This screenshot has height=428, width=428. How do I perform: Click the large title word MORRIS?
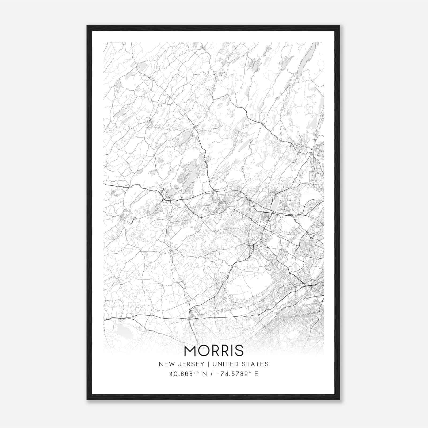(x=214, y=351)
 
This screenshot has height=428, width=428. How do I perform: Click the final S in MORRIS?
(x=239, y=351)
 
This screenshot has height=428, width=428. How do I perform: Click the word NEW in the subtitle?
(x=166, y=364)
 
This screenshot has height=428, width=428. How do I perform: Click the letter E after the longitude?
(x=256, y=374)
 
